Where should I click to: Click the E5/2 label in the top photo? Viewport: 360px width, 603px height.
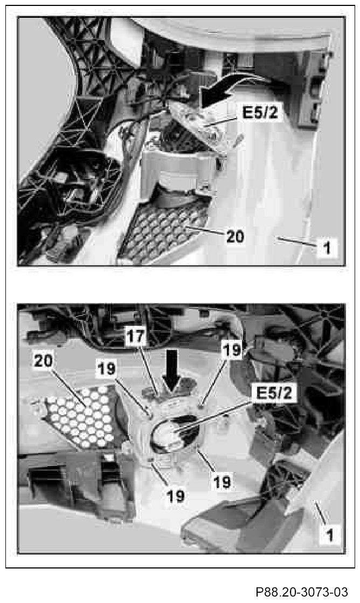[260, 113]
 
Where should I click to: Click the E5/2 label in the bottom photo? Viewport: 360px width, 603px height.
[274, 393]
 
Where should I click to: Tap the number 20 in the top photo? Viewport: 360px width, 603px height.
[235, 236]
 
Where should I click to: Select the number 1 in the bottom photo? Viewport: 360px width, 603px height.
[329, 536]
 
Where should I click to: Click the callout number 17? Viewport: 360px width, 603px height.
[136, 337]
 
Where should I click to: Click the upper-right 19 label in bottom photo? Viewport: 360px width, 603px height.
[232, 350]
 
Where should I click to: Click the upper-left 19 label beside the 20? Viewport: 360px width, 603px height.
[106, 369]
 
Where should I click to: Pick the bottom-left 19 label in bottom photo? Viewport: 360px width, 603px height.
[176, 496]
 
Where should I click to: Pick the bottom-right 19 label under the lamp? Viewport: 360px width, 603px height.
[221, 482]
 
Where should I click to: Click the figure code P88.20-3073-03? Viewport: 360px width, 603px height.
[302, 592]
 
